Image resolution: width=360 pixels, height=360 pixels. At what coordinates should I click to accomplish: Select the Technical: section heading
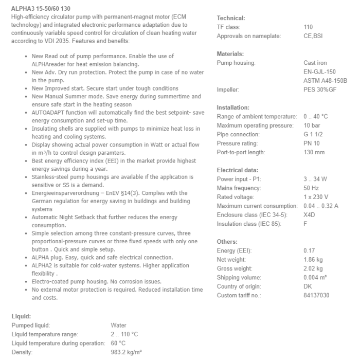[x=231, y=18]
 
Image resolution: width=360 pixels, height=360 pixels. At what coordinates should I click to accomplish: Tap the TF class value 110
[x=308, y=27]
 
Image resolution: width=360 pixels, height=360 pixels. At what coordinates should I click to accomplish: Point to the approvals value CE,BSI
[x=313, y=36]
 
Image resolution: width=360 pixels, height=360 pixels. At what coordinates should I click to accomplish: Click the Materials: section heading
[x=230, y=54]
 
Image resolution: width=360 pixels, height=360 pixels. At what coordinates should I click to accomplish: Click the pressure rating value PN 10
[x=311, y=143]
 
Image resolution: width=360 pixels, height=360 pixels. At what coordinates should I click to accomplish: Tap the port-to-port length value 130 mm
[x=314, y=152]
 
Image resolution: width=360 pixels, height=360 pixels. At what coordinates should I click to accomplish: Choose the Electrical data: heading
[x=238, y=170]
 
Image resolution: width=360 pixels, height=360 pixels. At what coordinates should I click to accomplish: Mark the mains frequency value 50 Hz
[x=311, y=188]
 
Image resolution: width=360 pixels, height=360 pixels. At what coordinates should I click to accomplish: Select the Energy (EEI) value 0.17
[x=309, y=250]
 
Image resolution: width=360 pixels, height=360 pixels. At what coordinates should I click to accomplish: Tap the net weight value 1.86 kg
[x=313, y=260]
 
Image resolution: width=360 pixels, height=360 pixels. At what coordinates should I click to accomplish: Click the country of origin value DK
[x=308, y=286]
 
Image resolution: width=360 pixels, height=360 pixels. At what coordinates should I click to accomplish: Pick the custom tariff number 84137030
[x=316, y=295]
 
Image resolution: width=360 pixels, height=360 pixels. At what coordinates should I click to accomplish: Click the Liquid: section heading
[x=21, y=316]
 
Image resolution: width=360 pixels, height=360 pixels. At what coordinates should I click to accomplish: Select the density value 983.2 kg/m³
[x=126, y=352]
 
